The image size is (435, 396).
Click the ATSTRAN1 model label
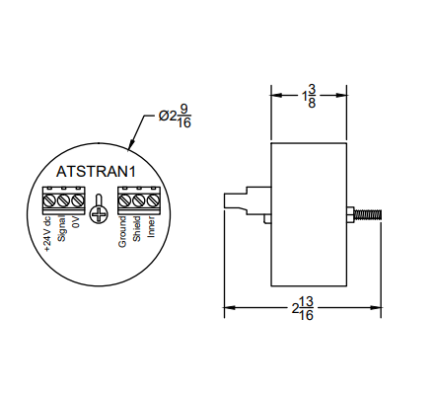tap(96, 171)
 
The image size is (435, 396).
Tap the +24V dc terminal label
tap(47, 236)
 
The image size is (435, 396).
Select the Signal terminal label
tap(61, 234)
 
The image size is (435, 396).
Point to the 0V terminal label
tap(75, 226)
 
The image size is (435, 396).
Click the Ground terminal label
tap(123, 235)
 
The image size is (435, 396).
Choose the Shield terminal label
tap(137, 233)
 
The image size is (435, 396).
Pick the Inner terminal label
tap(151, 231)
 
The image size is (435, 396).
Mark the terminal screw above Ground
tap(124, 201)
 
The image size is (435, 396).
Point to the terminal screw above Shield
tap(138, 201)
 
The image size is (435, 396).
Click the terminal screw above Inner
tap(152, 201)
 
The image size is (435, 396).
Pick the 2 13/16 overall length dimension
tap(303, 309)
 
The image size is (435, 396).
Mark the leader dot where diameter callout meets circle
tap(131, 145)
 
